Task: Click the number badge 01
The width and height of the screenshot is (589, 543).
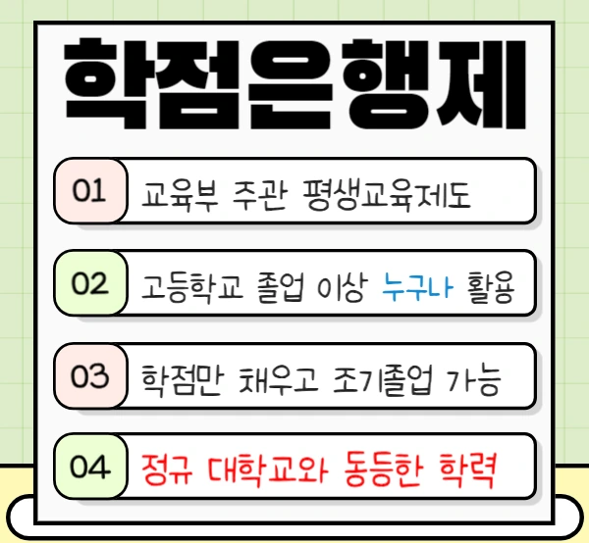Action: tap(88, 190)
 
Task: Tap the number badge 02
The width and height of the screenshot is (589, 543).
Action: tap(88, 284)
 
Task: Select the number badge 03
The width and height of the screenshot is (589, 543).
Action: tap(88, 377)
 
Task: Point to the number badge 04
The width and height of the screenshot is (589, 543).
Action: tap(88, 468)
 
